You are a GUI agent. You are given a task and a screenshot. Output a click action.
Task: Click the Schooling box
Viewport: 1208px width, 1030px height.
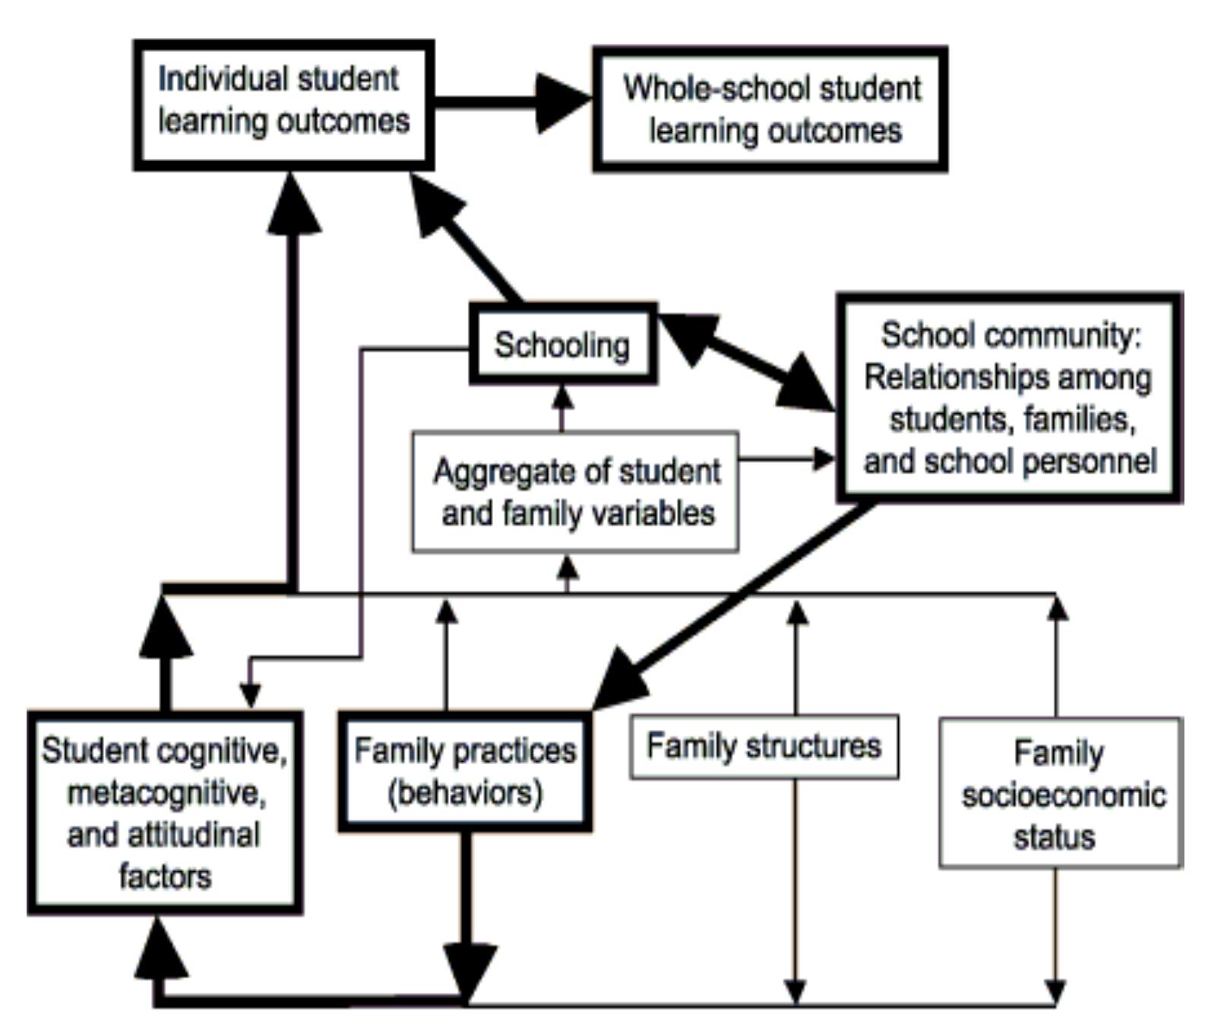point(562,345)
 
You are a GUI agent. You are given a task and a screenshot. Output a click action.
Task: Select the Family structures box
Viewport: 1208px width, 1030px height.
point(764,746)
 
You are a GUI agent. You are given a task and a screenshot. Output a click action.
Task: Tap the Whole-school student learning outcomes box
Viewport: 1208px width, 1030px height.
point(770,109)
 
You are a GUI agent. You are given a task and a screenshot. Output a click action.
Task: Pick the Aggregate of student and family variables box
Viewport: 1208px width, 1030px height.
point(575,491)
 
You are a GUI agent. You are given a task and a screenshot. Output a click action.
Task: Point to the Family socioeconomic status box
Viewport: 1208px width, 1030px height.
point(1061,793)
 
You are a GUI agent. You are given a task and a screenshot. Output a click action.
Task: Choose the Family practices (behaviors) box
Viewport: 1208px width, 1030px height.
point(465,772)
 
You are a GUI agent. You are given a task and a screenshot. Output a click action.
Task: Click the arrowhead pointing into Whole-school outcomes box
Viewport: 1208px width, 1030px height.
point(562,102)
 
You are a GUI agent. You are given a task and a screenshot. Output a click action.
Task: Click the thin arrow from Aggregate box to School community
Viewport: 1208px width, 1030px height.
point(786,459)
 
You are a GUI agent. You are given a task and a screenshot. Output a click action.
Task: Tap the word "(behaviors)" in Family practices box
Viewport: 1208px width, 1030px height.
point(465,793)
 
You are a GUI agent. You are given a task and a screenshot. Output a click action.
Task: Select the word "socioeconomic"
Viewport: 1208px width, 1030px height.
point(1062,795)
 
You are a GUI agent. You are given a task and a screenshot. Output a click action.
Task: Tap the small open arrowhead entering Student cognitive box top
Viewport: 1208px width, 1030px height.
point(250,695)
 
